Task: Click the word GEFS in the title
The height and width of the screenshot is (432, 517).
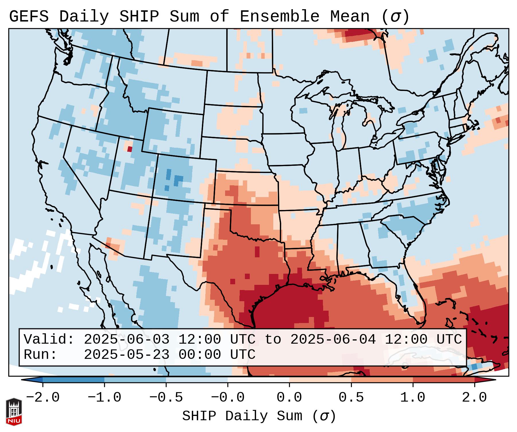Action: pyautogui.click(x=29, y=17)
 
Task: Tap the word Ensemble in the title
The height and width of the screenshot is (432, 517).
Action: pyautogui.click(x=279, y=17)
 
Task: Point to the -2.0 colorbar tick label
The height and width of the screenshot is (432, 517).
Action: pyautogui.click(x=43, y=398)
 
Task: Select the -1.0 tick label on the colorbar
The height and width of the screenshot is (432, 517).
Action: pyautogui.click(x=104, y=398)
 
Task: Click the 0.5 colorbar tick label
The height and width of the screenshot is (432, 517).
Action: pyautogui.click(x=351, y=398)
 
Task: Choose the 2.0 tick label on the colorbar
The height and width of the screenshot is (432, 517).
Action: pyautogui.click(x=475, y=398)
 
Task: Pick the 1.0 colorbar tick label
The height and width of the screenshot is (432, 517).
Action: pyautogui.click(x=413, y=398)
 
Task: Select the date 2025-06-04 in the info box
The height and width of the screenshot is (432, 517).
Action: pyautogui.click(x=333, y=339)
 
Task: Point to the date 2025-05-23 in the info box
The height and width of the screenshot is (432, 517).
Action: pyautogui.click(x=126, y=355)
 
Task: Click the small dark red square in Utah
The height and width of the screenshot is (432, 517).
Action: pyautogui.click(x=130, y=149)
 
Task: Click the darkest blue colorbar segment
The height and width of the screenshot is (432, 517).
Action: pyautogui.click(x=73, y=380)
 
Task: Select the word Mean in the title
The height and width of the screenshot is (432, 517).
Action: pyautogui.click(x=350, y=17)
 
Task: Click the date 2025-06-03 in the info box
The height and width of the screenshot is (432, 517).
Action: pyautogui.click(x=126, y=339)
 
